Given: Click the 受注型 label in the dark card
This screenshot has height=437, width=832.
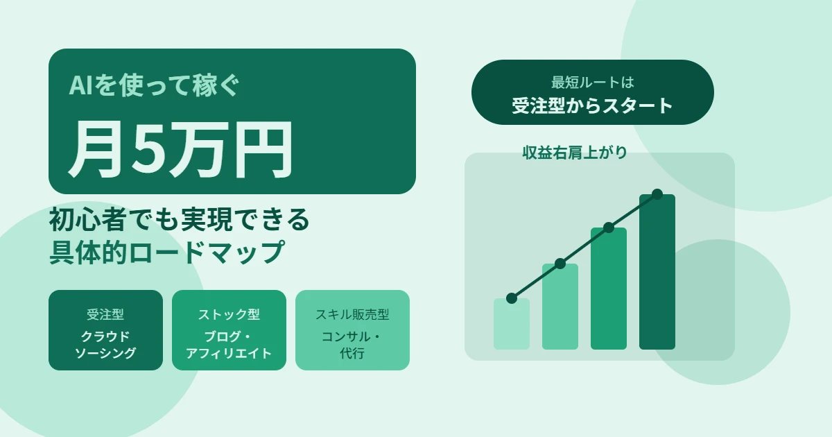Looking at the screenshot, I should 105,314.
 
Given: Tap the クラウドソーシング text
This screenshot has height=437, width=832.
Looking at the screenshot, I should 105,345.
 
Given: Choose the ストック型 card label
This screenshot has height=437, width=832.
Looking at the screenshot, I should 229,314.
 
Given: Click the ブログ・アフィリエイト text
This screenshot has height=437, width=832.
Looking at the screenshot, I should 229,345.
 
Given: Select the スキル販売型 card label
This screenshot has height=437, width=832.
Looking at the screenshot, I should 352,314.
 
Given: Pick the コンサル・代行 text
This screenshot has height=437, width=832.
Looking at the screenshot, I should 352,345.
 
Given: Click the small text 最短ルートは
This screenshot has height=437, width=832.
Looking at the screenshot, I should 593,83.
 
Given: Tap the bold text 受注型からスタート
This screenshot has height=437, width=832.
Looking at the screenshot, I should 593,105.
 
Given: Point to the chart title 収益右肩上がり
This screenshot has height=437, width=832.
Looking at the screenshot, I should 575,153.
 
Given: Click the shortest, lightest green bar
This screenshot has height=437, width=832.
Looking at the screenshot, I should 512,325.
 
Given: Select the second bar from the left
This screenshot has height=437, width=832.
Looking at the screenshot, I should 560,307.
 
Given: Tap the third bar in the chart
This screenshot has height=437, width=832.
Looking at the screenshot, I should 609,289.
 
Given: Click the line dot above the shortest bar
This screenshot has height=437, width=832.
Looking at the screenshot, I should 512,298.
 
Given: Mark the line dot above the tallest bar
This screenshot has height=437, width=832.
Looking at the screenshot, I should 657,194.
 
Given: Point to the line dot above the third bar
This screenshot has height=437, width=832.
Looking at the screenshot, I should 609,228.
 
